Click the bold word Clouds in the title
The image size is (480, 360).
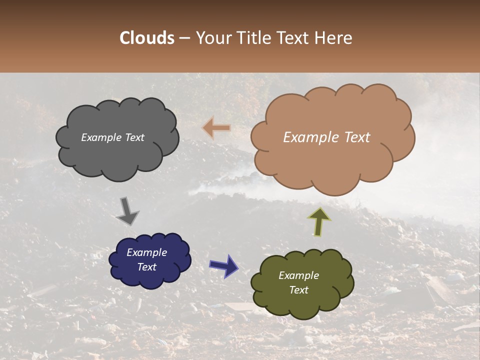coord(147,38)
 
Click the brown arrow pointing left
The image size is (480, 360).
coord(217,128)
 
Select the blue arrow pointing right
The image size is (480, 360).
coord(224,265)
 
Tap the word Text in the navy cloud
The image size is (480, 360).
coord(146,267)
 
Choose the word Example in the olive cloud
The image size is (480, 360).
coord(298,275)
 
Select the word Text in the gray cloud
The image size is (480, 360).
coord(134,137)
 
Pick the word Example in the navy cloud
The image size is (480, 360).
coord(146,252)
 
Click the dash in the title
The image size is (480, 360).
coord(184,38)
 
